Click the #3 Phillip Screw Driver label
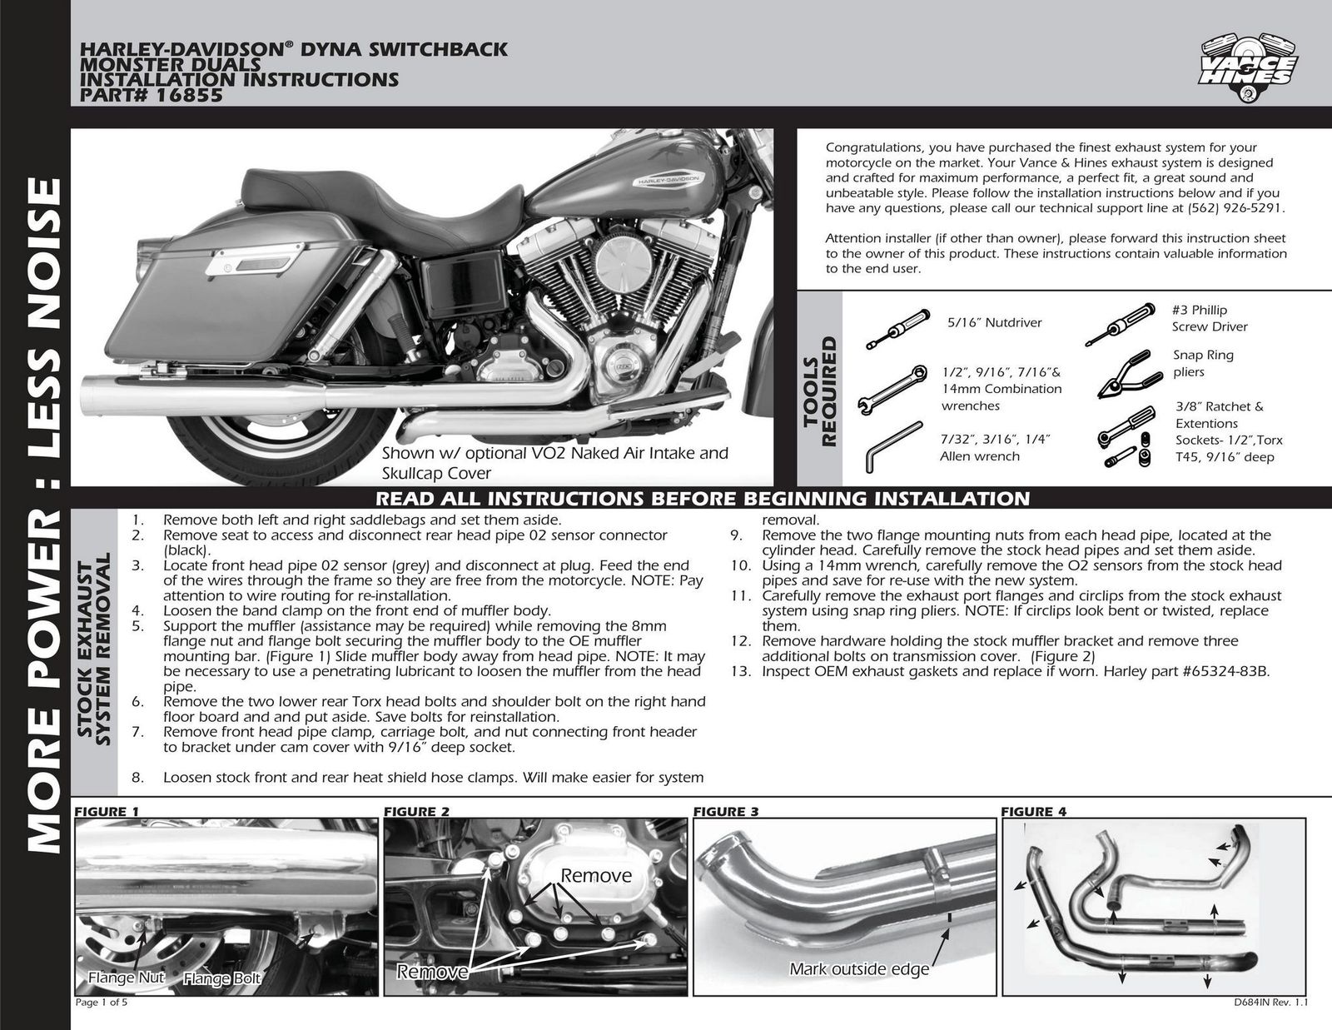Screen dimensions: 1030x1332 pyautogui.click(x=1209, y=318)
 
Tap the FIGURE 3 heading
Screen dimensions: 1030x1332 pyautogui.click(x=725, y=812)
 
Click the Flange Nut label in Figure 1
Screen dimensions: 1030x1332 pyautogui.click(x=127, y=978)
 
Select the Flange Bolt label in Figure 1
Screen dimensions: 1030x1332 pyautogui.click(x=222, y=978)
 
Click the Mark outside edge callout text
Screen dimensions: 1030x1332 pyautogui.click(x=858, y=969)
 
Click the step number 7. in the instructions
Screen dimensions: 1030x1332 pyautogui.click(x=139, y=732)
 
